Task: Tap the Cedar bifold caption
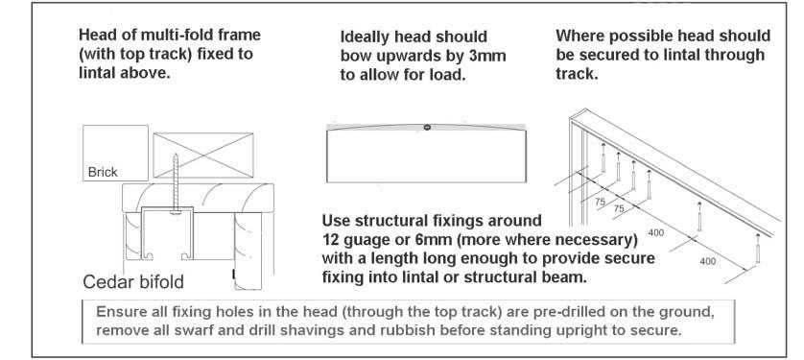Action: pyautogui.click(x=131, y=283)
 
